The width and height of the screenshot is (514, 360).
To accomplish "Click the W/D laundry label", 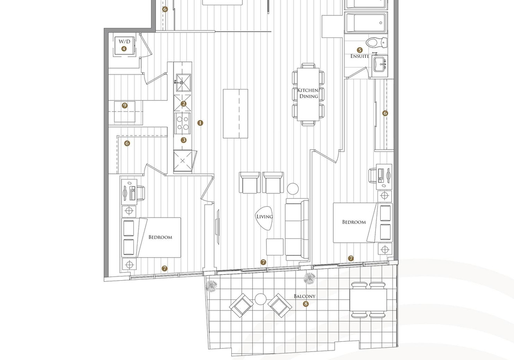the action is (x=124, y=42).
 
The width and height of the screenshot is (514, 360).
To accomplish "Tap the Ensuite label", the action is (x=360, y=56).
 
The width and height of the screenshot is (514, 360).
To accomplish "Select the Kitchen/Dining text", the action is (x=308, y=93).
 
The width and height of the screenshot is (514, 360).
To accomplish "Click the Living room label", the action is (x=264, y=216).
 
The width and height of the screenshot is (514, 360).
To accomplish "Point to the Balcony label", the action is (x=305, y=296).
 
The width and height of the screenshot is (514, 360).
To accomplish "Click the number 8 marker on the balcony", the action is (x=306, y=304).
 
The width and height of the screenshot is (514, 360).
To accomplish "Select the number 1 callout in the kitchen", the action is (x=200, y=123).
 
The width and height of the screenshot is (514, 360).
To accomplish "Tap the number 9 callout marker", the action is (x=125, y=106).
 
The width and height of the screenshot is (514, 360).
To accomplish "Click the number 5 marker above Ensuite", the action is (x=360, y=50).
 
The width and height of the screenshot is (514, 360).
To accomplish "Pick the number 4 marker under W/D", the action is (x=124, y=49).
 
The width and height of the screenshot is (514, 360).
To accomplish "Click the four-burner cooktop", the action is (x=183, y=123).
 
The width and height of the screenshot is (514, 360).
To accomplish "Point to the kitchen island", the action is (x=236, y=114).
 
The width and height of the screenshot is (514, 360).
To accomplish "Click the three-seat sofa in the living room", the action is (x=297, y=229).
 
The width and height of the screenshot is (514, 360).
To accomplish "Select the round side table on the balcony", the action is (x=261, y=299).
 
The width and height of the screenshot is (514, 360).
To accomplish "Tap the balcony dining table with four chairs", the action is (x=368, y=300).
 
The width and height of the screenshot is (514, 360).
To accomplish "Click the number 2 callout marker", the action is (x=184, y=104).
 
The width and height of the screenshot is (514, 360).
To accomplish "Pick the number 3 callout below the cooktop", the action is (x=184, y=140).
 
